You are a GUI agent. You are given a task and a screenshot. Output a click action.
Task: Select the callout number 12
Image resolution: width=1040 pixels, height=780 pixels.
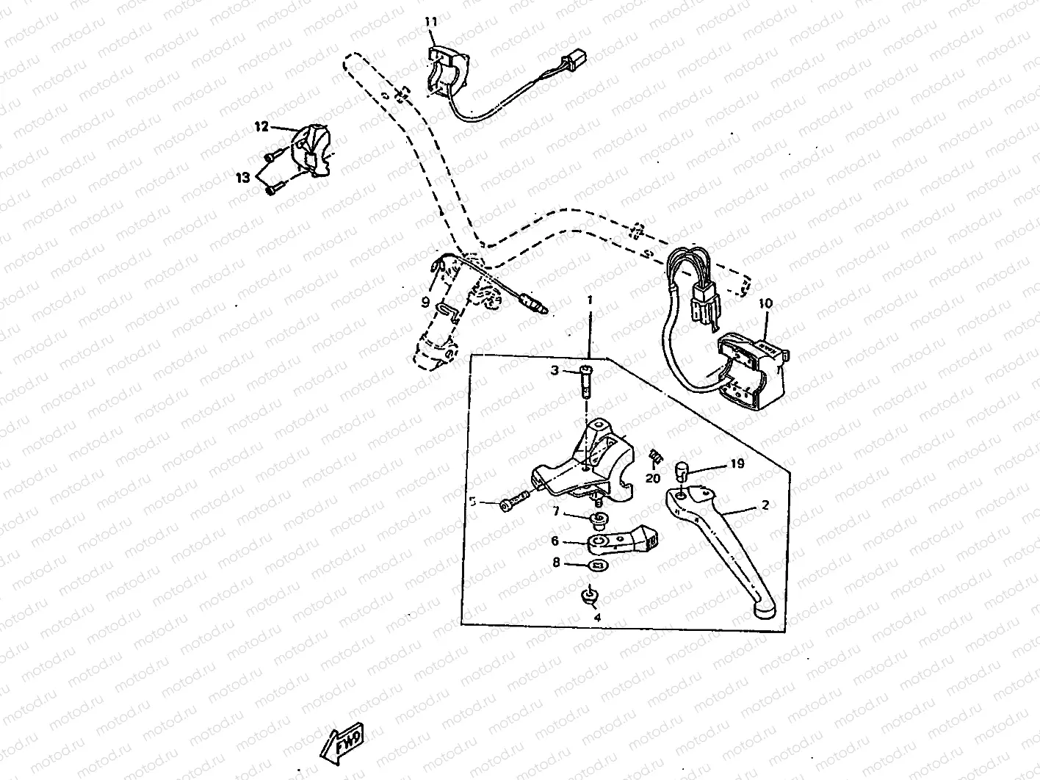(x=262, y=126)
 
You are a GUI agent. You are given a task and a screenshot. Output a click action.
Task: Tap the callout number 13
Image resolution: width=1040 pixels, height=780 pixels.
(x=242, y=177)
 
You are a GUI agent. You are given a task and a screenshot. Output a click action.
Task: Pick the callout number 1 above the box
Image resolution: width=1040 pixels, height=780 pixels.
(x=588, y=300)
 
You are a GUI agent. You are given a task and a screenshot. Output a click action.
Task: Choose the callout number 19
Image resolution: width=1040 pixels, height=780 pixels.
(x=737, y=463)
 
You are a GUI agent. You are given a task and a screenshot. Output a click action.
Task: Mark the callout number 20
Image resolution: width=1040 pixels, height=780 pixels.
(x=653, y=478)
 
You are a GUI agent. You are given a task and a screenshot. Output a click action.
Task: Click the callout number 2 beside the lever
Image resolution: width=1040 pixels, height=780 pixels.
(x=765, y=505)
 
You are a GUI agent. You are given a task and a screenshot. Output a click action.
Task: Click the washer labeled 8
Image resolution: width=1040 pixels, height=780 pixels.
(x=599, y=566)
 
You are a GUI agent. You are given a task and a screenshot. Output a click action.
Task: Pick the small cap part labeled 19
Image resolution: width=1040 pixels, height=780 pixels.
(x=682, y=469)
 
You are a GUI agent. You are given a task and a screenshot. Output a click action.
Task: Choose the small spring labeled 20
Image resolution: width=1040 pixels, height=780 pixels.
(x=654, y=457)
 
